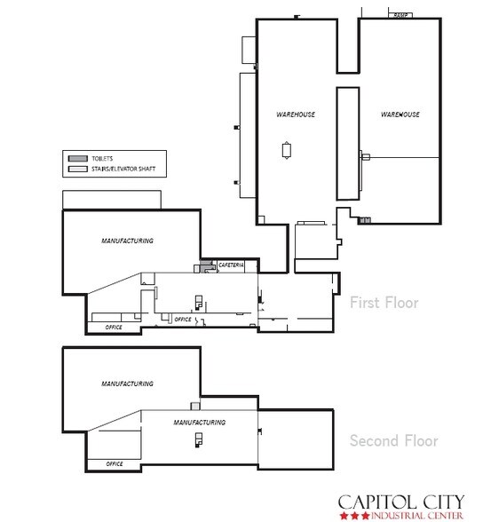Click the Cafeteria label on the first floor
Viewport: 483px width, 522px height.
point(231,265)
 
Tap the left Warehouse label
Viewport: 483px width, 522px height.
point(296,115)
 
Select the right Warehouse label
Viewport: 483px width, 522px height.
point(400,115)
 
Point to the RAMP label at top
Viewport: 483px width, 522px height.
point(400,15)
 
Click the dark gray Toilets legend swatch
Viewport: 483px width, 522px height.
point(78,158)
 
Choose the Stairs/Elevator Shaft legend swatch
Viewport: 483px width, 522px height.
point(78,169)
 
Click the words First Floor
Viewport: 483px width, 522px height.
point(384,303)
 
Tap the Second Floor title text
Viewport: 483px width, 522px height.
point(394,440)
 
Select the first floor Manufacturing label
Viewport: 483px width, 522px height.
point(127,241)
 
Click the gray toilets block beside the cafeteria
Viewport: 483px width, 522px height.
point(206,266)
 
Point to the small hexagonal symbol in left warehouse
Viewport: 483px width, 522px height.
point(286,150)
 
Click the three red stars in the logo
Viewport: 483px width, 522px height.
point(355,516)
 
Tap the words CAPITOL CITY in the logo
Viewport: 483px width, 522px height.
point(401,502)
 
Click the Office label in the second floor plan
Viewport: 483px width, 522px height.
point(115,463)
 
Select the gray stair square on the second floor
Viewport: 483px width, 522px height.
point(195,407)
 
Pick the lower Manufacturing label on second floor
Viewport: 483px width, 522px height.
point(200,423)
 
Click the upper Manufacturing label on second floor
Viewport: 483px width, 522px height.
point(127,384)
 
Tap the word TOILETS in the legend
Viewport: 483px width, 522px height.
point(102,158)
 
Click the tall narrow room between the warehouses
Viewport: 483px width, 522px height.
point(348,144)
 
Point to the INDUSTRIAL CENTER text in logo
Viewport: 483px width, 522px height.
point(417,516)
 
